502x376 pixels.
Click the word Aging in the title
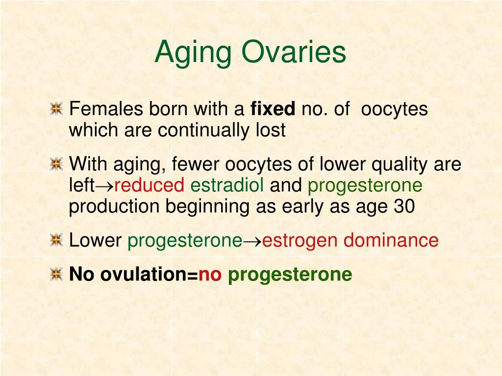point(193,53)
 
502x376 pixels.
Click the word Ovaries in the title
point(294,52)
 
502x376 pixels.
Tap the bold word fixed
point(273,108)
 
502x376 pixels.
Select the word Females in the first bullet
point(106,108)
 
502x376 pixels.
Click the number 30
point(404,206)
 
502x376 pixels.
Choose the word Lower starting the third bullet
point(96,240)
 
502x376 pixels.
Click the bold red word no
point(210,274)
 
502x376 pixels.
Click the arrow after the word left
point(104,186)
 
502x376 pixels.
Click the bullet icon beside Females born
point(57,109)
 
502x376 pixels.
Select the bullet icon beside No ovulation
point(57,274)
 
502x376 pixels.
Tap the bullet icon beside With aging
point(57,164)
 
